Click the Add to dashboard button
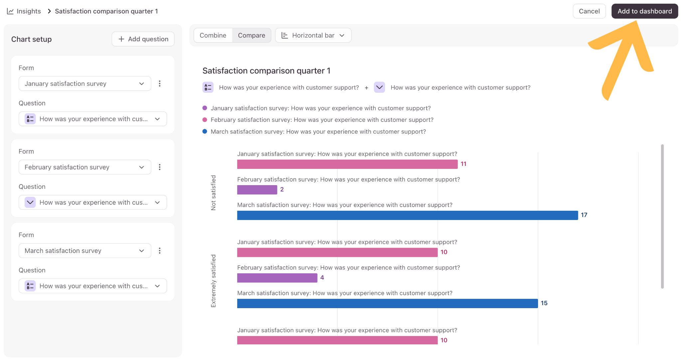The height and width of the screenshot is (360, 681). (644, 11)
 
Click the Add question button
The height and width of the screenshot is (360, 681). (143, 39)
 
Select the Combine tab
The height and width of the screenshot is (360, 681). (213, 35)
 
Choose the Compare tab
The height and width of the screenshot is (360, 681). (251, 35)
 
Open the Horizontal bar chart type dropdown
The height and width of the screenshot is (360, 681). (313, 35)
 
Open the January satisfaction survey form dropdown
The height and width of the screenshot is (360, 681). (85, 83)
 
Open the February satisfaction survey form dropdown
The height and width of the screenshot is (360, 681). (85, 167)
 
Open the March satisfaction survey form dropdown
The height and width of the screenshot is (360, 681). (85, 250)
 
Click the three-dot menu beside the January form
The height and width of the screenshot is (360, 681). (160, 83)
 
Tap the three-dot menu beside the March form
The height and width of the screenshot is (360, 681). (160, 250)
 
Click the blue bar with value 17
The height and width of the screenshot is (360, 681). (407, 215)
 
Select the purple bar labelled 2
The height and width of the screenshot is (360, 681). (257, 189)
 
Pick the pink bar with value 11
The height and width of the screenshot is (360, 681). (347, 164)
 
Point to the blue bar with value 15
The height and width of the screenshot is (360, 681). (387, 303)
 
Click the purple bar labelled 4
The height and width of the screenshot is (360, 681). (277, 278)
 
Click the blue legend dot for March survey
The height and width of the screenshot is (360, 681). (205, 131)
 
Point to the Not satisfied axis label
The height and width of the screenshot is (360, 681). (213, 192)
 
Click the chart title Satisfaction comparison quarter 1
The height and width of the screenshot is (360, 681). (266, 70)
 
